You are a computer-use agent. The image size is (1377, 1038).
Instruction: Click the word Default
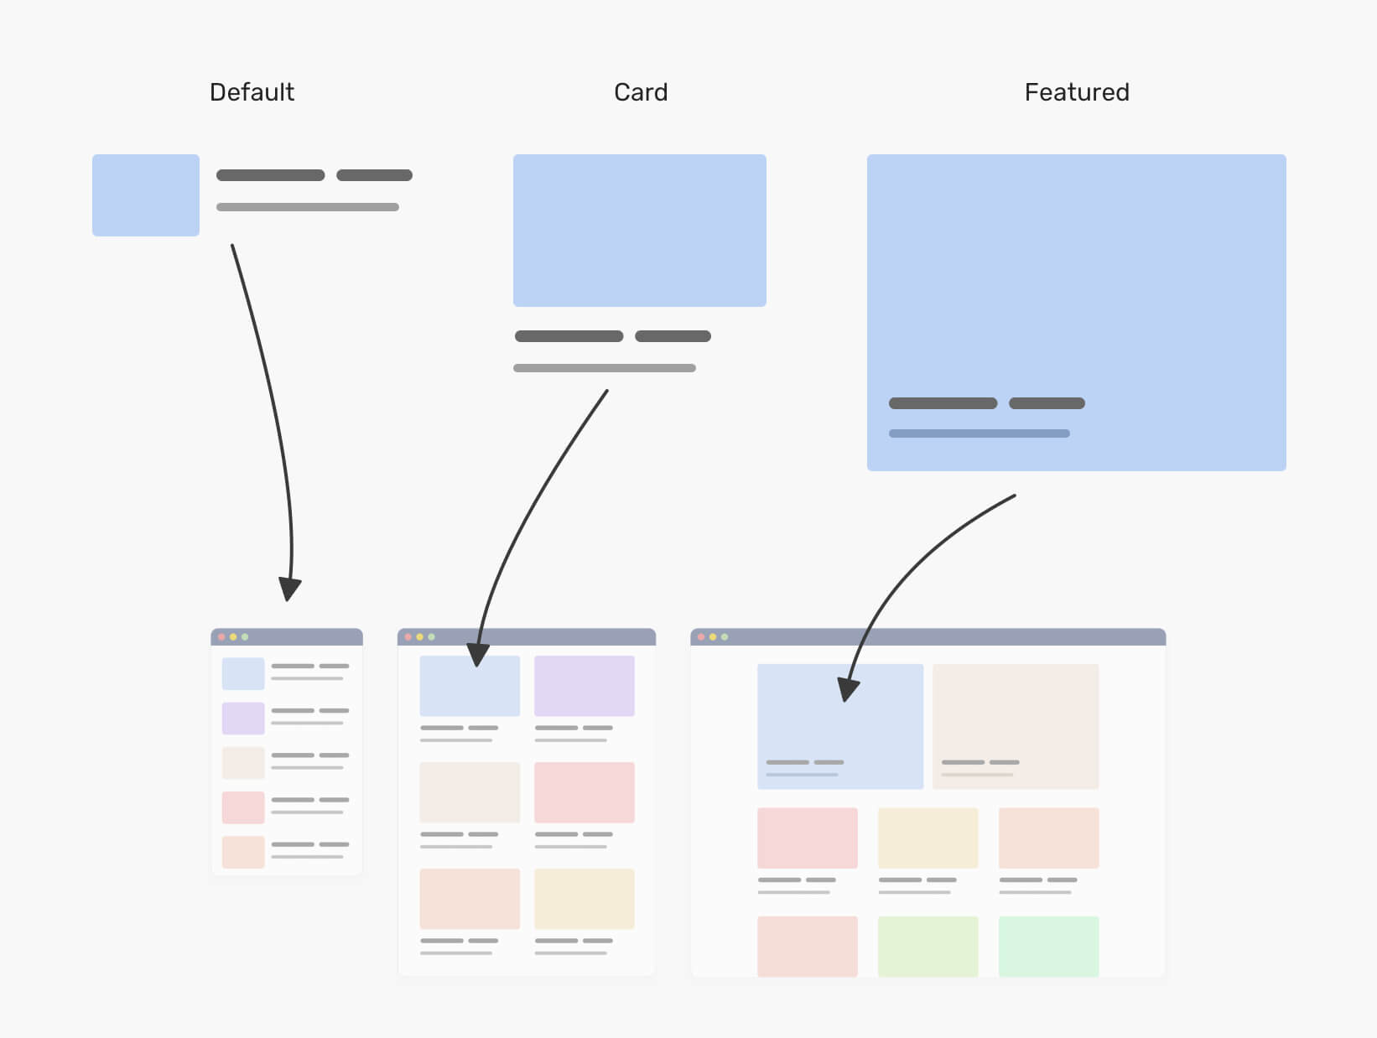click(x=252, y=92)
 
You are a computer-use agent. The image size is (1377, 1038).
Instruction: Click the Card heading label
click(x=641, y=92)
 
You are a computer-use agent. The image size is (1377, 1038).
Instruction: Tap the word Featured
click(x=1077, y=92)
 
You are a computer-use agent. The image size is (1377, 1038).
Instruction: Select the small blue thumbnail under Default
click(x=146, y=195)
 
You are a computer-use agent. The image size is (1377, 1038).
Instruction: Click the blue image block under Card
click(x=639, y=231)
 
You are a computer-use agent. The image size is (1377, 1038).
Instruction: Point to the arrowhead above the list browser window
click(x=288, y=589)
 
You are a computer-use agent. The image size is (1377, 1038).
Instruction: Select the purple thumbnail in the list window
click(x=243, y=719)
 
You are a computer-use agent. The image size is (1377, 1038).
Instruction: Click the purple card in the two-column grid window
click(x=585, y=686)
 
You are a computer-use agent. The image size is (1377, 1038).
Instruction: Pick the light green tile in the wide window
click(x=928, y=946)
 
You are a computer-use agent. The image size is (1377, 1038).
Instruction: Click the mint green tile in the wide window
click(x=1048, y=946)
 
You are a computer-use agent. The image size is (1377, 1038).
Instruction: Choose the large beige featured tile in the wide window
click(x=1015, y=726)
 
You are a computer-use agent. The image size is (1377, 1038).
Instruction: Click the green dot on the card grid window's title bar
click(x=432, y=637)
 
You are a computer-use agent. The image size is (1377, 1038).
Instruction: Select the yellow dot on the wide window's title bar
click(x=713, y=637)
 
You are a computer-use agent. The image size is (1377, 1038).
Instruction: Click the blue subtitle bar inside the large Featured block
click(x=979, y=433)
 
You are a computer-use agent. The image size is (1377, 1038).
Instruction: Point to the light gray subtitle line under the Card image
click(x=604, y=368)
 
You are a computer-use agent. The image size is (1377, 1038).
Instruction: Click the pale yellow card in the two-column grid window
click(x=585, y=899)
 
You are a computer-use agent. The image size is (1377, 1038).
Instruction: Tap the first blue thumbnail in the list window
click(x=243, y=674)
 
